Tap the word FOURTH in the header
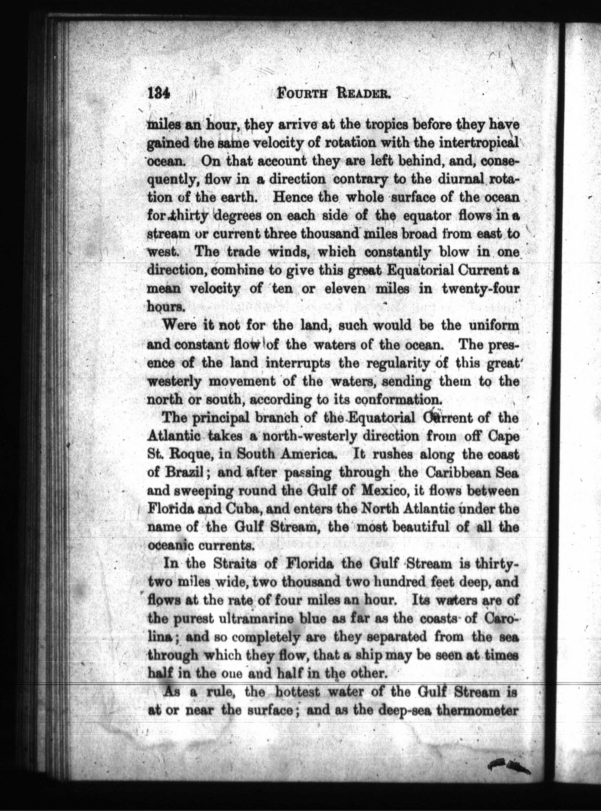point(302,96)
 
